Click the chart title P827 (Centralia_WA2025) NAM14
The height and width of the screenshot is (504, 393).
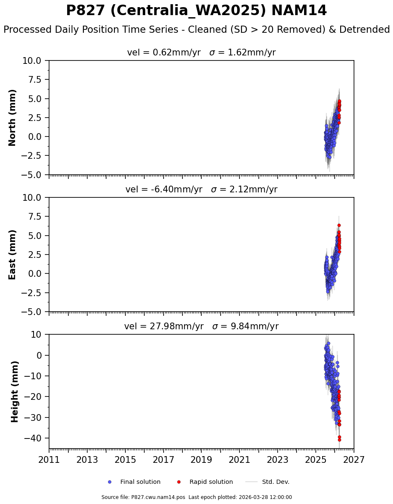coord(196,11)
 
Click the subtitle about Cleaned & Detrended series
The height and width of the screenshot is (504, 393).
coord(196,30)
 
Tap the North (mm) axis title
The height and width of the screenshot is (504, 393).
coord(13,118)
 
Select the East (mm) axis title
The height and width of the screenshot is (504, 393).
coord(13,255)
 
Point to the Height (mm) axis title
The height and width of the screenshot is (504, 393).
coord(15,391)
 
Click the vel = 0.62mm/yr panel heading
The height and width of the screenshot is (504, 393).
coord(201,52)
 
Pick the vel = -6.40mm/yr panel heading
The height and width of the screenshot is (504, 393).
coord(201,189)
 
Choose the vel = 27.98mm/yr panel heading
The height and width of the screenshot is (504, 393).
coord(201,326)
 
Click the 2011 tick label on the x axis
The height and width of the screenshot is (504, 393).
coord(49,460)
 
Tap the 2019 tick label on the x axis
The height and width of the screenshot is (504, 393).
coord(201,460)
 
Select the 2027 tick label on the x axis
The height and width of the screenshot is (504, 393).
coord(354,460)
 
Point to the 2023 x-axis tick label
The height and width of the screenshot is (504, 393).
coord(278,460)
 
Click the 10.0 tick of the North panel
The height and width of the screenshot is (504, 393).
coord(32,60)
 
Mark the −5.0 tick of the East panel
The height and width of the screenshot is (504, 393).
coord(32,312)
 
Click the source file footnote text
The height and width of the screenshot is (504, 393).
coord(196,497)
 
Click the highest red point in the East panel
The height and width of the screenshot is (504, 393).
coord(339,225)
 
